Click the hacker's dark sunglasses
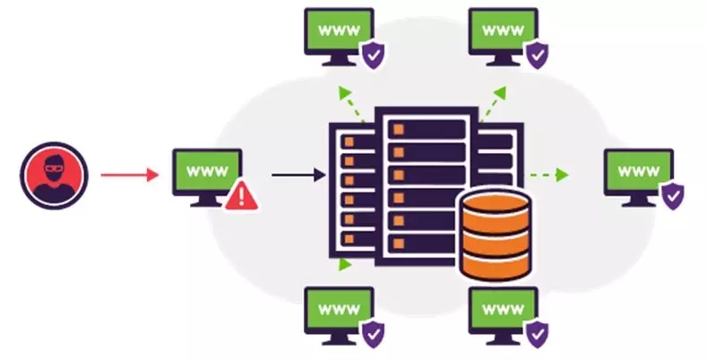pyautogui.click(x=56, y=166)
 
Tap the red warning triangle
pyautogui.click(x=238, y=195)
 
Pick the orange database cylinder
pyautogui.click(x=496, y=235)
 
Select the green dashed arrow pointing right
pyautogui.click(x=548, y=174)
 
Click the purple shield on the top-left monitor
pyautogui.click(x=371, y=56)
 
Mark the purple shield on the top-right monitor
pyautogui.click(x=536, y=56)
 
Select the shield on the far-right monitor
pyautogui.click(x=672, y=194)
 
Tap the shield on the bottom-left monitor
pyautogui.click(x=371, y=334)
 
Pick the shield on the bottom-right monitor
pyautogui.click(x=536, y=334)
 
